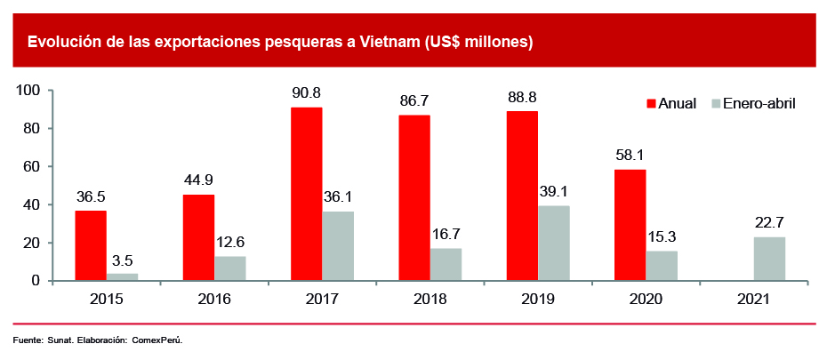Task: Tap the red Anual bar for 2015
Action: [x=91, y=245]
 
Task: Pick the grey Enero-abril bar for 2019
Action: [x=553, y=243]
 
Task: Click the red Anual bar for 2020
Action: [x=630, y=225]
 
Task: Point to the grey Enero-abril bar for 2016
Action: [x=230, y=268]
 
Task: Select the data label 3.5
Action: [x=121, y=260]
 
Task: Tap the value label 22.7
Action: [x=769, y=222]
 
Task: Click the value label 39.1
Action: [x=553, y=192]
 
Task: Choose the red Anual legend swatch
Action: [x=650, y=104]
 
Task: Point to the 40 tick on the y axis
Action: [x=33, y=204]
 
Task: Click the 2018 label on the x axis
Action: [x=430, y=299]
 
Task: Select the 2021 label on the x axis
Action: [x=754, y=299]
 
